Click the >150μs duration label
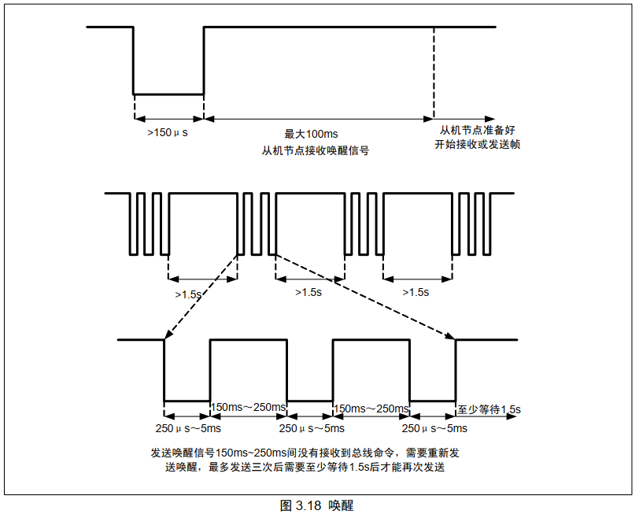pyautogui.click(x=167, y=134)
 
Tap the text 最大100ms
pyautogui.click(x=316, y=135)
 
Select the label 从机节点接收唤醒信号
pyautogui.click(x=316, y=150)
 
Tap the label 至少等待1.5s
pyautogui.click(x=489, y=409)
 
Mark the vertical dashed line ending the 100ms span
pyautogui.click(x=434, y=71)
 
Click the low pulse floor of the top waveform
pyautogui.click(x=168, y=94)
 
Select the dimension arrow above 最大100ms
pyautogui.click(x=318, y=118)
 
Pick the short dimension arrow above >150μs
pyautogui.click(x=168, y=118)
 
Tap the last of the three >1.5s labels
pyautogui.click(x=416, y=292)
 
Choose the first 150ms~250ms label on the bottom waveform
pyautogui.click(x=248, y=407)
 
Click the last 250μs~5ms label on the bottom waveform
pyautogui.click(x=434, y=428)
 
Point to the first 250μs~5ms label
pyautogui.click(x=187, y=428)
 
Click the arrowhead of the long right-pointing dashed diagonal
pyautogui.click(x=450, y=337)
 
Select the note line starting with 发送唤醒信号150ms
pyautogui.click(x=305, y=453)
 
